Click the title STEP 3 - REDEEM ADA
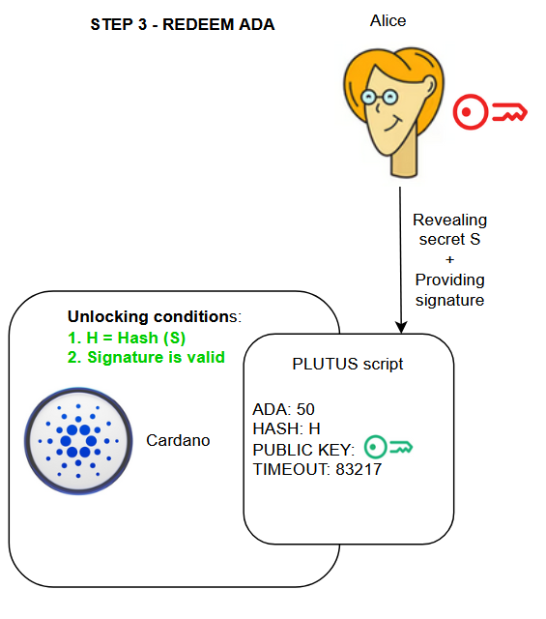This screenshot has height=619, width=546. [183, 25]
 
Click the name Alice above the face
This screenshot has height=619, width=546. [389, 19]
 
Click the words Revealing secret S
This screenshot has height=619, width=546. [449, 229]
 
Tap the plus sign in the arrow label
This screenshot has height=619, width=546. [449, 259]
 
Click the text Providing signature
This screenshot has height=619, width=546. [449, 289]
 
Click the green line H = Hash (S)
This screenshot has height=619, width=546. [127, 338]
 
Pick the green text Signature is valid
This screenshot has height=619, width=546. [146, 357]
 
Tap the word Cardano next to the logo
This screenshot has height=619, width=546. [179, 440]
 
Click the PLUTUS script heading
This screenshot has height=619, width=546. [347, 364]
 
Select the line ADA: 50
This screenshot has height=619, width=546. [284, 409]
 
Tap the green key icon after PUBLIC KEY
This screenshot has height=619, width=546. [389, 448]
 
